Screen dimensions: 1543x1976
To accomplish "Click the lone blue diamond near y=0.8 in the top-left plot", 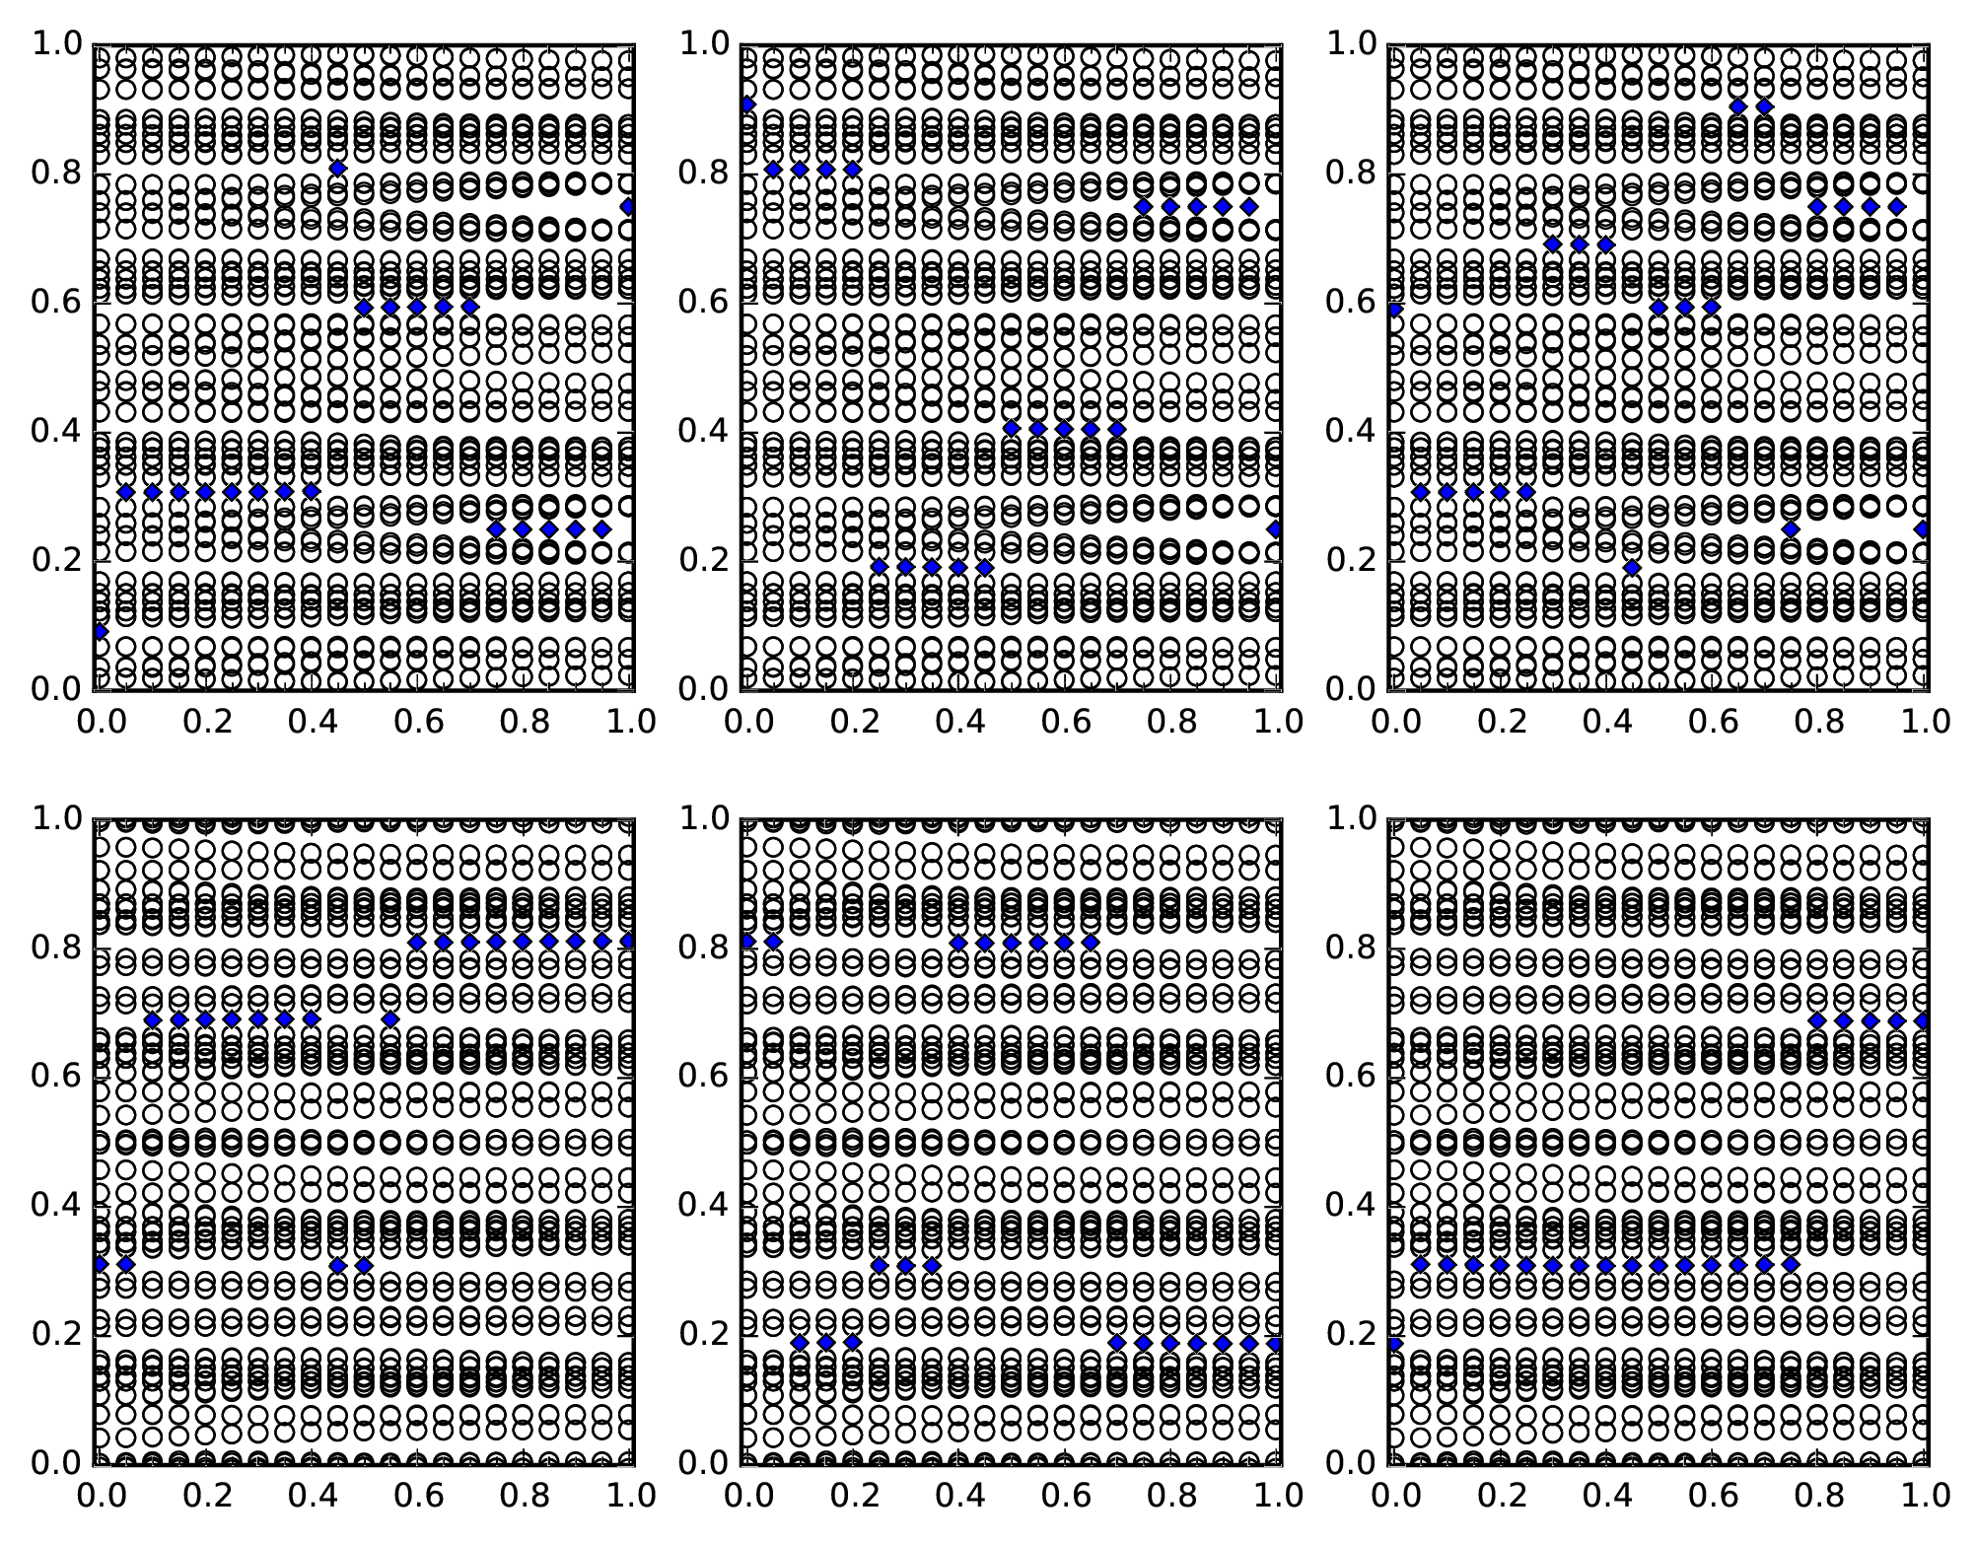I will tap(337, 169).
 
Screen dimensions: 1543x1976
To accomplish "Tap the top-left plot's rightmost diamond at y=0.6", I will tap(469, 307).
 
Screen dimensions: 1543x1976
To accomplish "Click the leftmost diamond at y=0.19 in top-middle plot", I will tap(880, 567).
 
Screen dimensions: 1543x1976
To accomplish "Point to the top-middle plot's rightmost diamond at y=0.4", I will tap(1116, 429).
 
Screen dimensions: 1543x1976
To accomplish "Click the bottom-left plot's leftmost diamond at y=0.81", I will tap(417, 943).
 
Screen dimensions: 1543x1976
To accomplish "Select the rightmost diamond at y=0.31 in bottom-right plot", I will tap(1791, 1264).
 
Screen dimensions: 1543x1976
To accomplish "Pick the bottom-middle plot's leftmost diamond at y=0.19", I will tap(800, 1343).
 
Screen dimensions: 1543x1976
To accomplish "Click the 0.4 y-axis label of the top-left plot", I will tap(54, 432).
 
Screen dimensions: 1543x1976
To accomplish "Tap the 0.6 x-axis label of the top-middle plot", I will tap(1064, 722).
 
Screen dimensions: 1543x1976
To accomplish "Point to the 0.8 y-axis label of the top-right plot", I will tap(1350, 174).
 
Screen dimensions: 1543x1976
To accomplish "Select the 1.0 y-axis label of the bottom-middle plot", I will tap(702, 818).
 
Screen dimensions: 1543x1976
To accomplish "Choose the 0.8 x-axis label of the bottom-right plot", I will tap(1816, 1496).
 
